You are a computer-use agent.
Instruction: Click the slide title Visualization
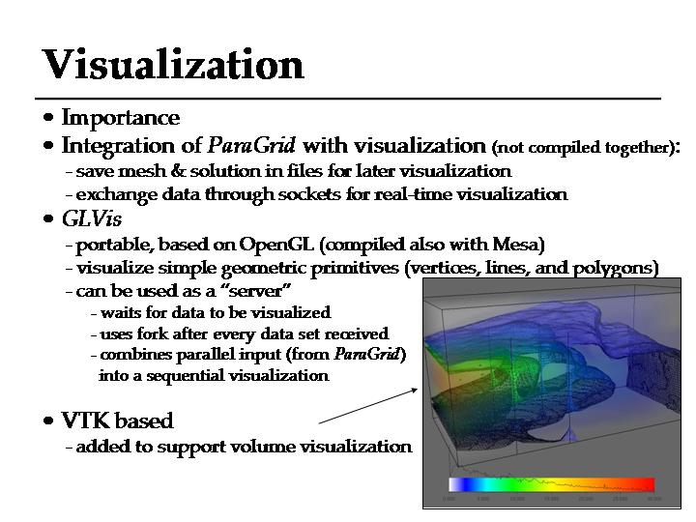click(x=173, y=64)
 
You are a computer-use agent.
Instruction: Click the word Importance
click(x=120, y=118)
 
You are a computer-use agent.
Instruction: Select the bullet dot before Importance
click(x=48, y=118)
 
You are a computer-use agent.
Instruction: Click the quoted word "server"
click(x=256, y=291)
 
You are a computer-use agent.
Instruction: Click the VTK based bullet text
click(x=117, y=421)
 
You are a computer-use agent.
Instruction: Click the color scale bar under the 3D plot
click(x=551, y=484)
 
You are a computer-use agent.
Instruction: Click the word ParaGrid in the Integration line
click(x=252, y=146)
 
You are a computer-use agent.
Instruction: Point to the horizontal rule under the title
click(x=348, y=100)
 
